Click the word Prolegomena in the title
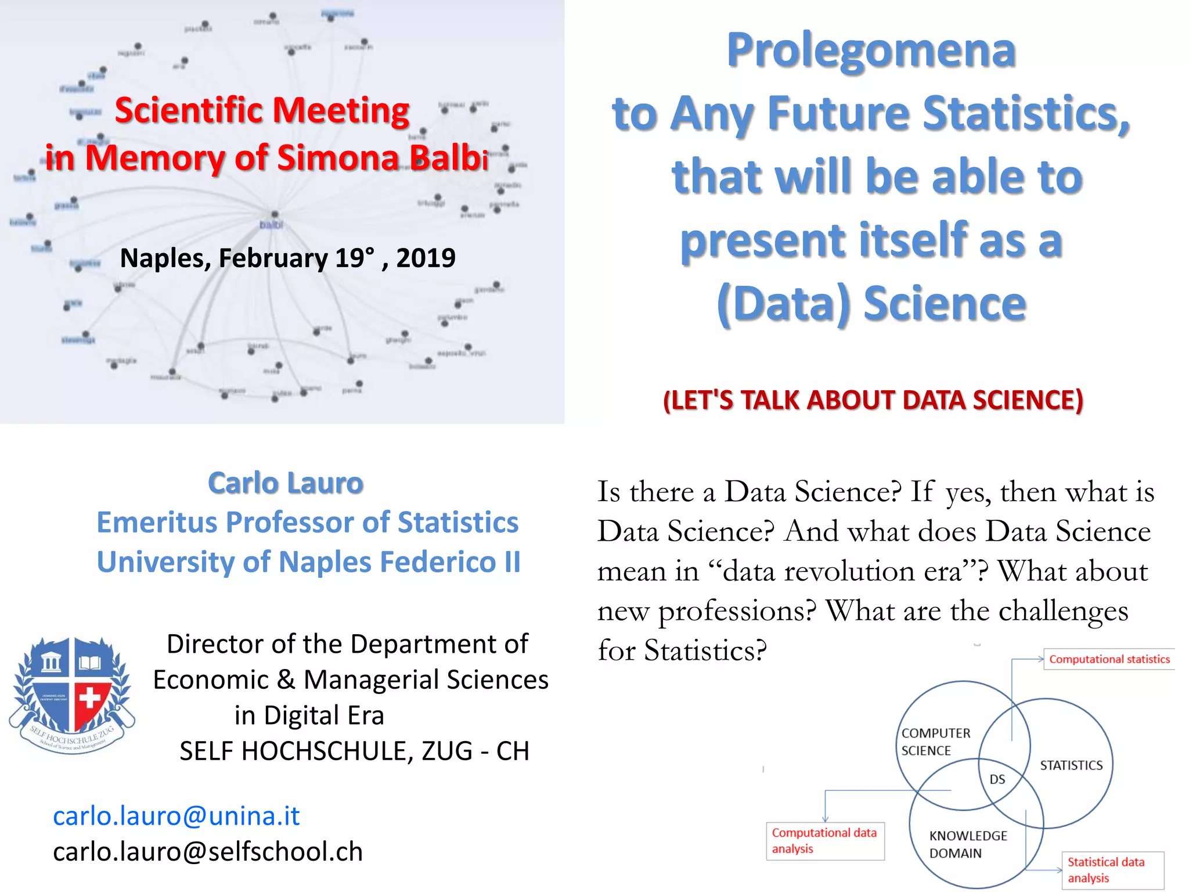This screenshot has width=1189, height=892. tap(871, 51)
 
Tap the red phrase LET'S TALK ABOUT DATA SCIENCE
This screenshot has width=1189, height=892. tap(873, 400)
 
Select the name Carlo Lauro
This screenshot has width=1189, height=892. tap(286, 483)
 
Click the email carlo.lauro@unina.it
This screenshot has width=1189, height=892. tap(176, 816)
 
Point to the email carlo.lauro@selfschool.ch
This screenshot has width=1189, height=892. tap(208, 852)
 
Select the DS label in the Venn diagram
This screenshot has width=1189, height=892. tap(997, 779)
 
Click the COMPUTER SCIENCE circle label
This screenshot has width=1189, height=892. tap(935, 742)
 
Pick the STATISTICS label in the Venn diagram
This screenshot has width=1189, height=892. tap(1071, 765)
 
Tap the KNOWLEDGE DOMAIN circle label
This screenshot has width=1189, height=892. tap(968, 844)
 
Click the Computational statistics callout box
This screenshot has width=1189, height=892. tap(1109, 659)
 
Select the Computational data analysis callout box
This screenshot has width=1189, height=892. tap(824, 840)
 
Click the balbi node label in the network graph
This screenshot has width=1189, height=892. tap(271, 225)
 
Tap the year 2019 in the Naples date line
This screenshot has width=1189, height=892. tap(426, 258)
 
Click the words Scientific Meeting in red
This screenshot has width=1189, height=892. tap(262, 110)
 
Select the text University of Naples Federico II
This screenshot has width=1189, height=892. tap(308, 562)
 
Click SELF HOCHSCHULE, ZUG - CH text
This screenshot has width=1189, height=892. tap(354, 751)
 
